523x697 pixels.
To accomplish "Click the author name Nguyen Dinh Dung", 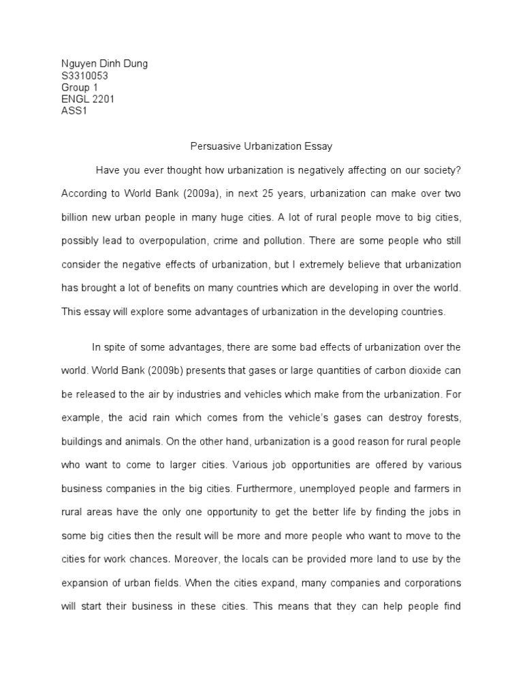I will click(x=104, y=64).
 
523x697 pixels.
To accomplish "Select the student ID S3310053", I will click(x=84, y=76).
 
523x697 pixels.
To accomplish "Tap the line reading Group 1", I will click(x=80, y=88).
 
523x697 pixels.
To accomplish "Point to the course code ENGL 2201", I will click(x=88, y=100).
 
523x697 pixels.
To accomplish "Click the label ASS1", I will click(x=74, y=112).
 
